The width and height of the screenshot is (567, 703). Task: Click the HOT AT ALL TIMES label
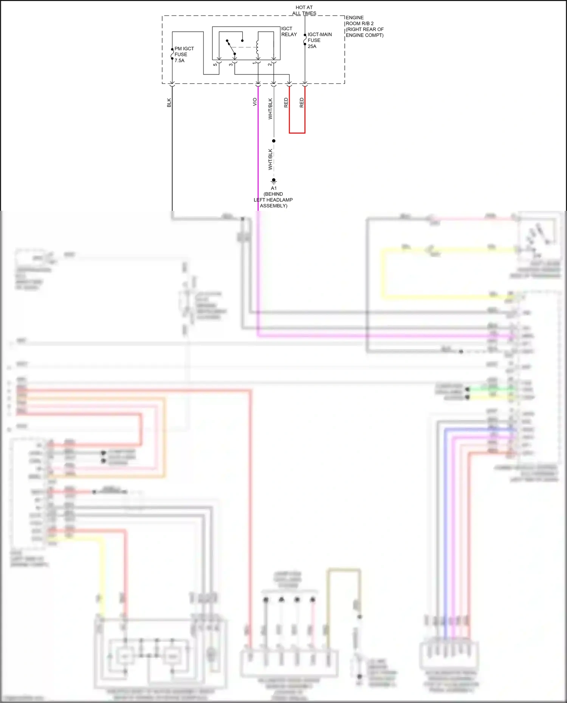[304, 10]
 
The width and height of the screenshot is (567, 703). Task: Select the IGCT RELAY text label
[289, 31]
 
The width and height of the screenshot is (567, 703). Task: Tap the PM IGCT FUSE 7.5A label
[184, 54]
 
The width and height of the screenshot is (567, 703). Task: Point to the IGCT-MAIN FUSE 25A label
[319, 40]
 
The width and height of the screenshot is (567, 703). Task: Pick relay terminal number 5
[215, 65]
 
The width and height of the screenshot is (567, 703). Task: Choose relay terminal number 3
[231, 65]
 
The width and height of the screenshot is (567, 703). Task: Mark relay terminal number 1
[254, 63]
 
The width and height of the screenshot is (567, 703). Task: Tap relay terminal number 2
[270, 65]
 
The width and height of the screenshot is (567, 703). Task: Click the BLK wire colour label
[169, 103]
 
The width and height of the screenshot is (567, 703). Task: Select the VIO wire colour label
[255, 102]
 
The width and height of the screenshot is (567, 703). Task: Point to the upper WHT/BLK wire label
[270, 109]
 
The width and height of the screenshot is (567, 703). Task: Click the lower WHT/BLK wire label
[270, 159]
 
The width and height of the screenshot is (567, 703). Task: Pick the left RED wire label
[286, 103]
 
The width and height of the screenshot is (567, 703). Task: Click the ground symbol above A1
[274, 181]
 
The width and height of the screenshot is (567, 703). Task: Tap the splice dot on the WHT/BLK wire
[274, 141]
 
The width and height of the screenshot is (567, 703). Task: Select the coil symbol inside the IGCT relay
[257, 47]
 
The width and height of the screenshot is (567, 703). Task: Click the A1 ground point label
[274, 188]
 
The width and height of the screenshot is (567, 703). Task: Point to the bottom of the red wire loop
[297, 133]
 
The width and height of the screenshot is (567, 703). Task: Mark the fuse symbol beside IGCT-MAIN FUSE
[305, 39]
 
